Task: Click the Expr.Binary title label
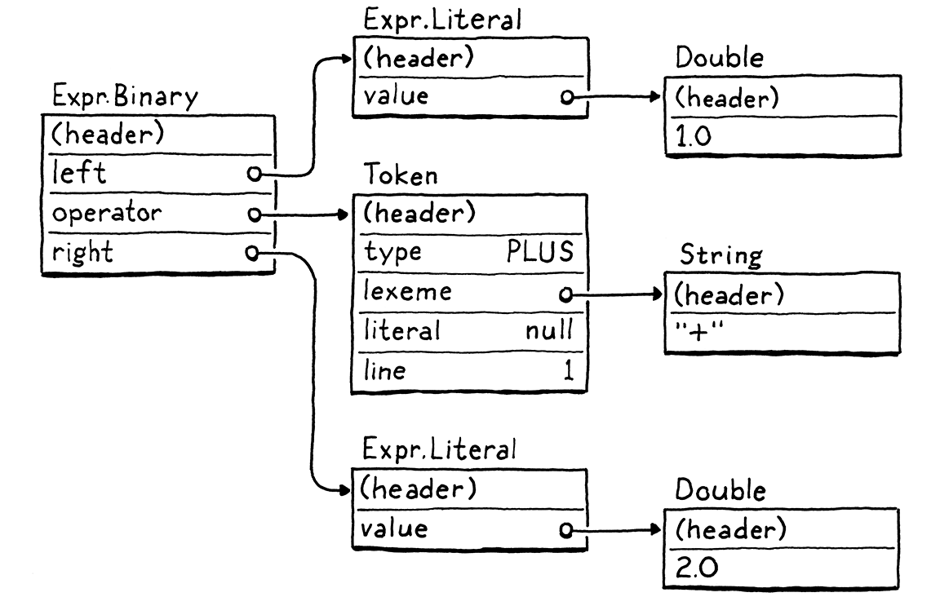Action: [125, 97]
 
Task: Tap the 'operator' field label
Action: [106, 214]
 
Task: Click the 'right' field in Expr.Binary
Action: [82, 253]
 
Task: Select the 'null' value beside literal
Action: [549, 331]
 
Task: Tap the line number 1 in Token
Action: [569, 371]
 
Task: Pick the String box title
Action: [721, 256]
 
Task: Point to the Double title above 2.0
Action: [721, 491]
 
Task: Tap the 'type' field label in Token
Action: [393, 253]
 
